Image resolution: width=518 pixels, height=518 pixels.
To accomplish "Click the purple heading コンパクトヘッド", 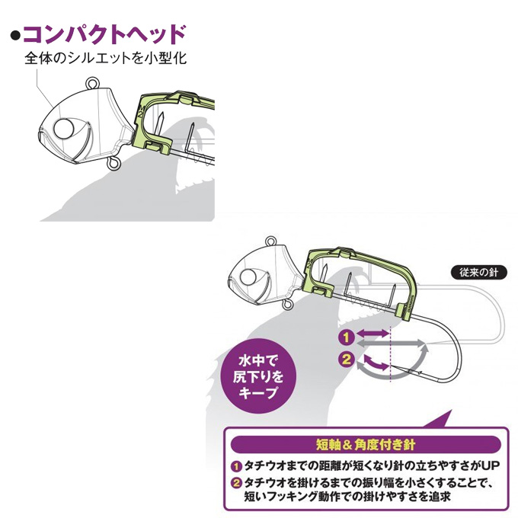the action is (104, 34).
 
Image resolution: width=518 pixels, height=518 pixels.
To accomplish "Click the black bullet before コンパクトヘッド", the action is (15, 36).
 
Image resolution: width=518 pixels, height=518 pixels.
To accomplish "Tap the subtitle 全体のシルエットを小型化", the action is (106, 59).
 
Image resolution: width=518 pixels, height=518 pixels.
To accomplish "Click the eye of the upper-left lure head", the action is (64, 129).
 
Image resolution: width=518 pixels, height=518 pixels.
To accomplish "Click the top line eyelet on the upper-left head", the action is (92, 82).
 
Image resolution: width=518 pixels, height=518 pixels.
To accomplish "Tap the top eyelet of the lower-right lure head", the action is (271, 241).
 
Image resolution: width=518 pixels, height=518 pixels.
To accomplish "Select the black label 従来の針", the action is (478, 273).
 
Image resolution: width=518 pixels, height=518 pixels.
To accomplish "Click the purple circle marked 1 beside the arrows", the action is (346, 337).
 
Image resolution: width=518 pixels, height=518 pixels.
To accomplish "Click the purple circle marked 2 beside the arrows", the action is (346, 359).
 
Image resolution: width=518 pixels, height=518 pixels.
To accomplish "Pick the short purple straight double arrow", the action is (373, 334).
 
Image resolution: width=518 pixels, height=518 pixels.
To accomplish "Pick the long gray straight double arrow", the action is (391, 344).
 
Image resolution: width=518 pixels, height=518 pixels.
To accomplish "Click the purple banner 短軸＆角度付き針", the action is (366, 445).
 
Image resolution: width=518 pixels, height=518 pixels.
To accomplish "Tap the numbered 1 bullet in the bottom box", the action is (236, 466).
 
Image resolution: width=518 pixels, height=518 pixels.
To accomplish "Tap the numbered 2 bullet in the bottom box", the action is (236, 483).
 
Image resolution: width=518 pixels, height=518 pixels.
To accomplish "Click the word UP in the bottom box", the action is (491, 465).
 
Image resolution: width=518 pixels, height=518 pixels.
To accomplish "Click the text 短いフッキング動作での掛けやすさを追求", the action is (347, 496).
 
